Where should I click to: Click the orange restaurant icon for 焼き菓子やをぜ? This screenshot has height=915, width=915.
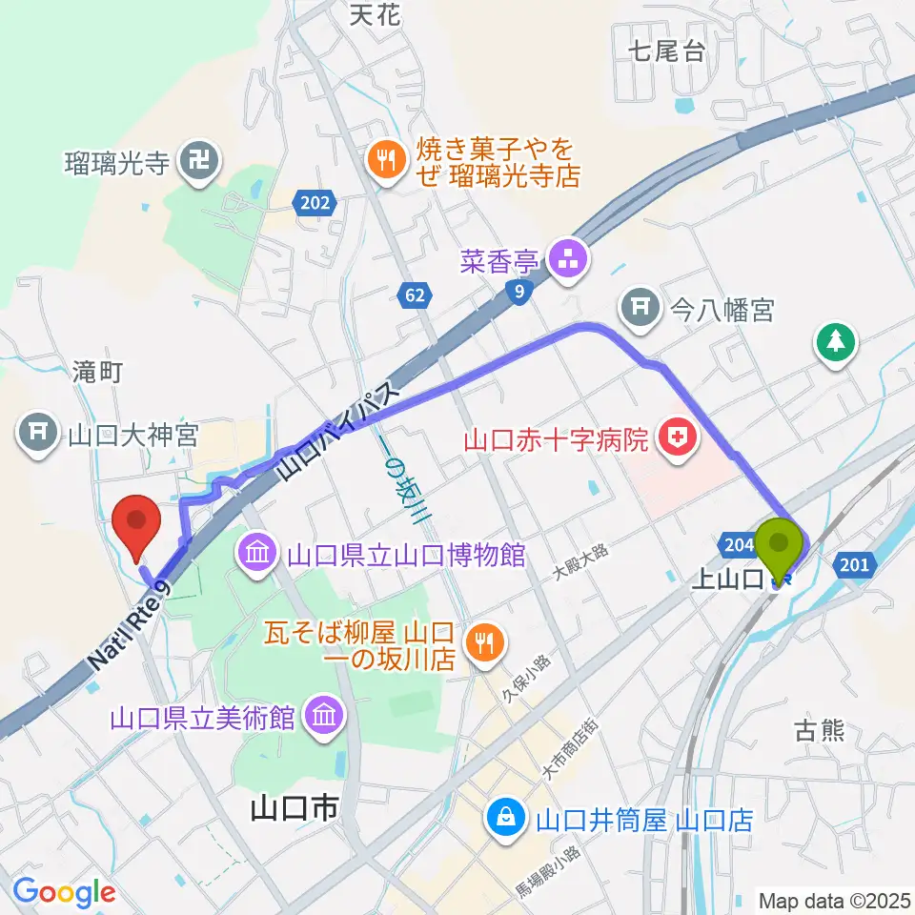(385, 159)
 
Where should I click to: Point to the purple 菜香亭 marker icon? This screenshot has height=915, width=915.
(570, 259)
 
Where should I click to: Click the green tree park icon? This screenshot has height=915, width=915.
(836, 341)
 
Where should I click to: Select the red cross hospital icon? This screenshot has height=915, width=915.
(681, 440)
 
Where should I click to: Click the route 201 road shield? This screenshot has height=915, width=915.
(855, 565)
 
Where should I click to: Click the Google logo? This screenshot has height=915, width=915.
(64, 891)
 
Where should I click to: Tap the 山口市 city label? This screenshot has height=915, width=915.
(295, 810)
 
